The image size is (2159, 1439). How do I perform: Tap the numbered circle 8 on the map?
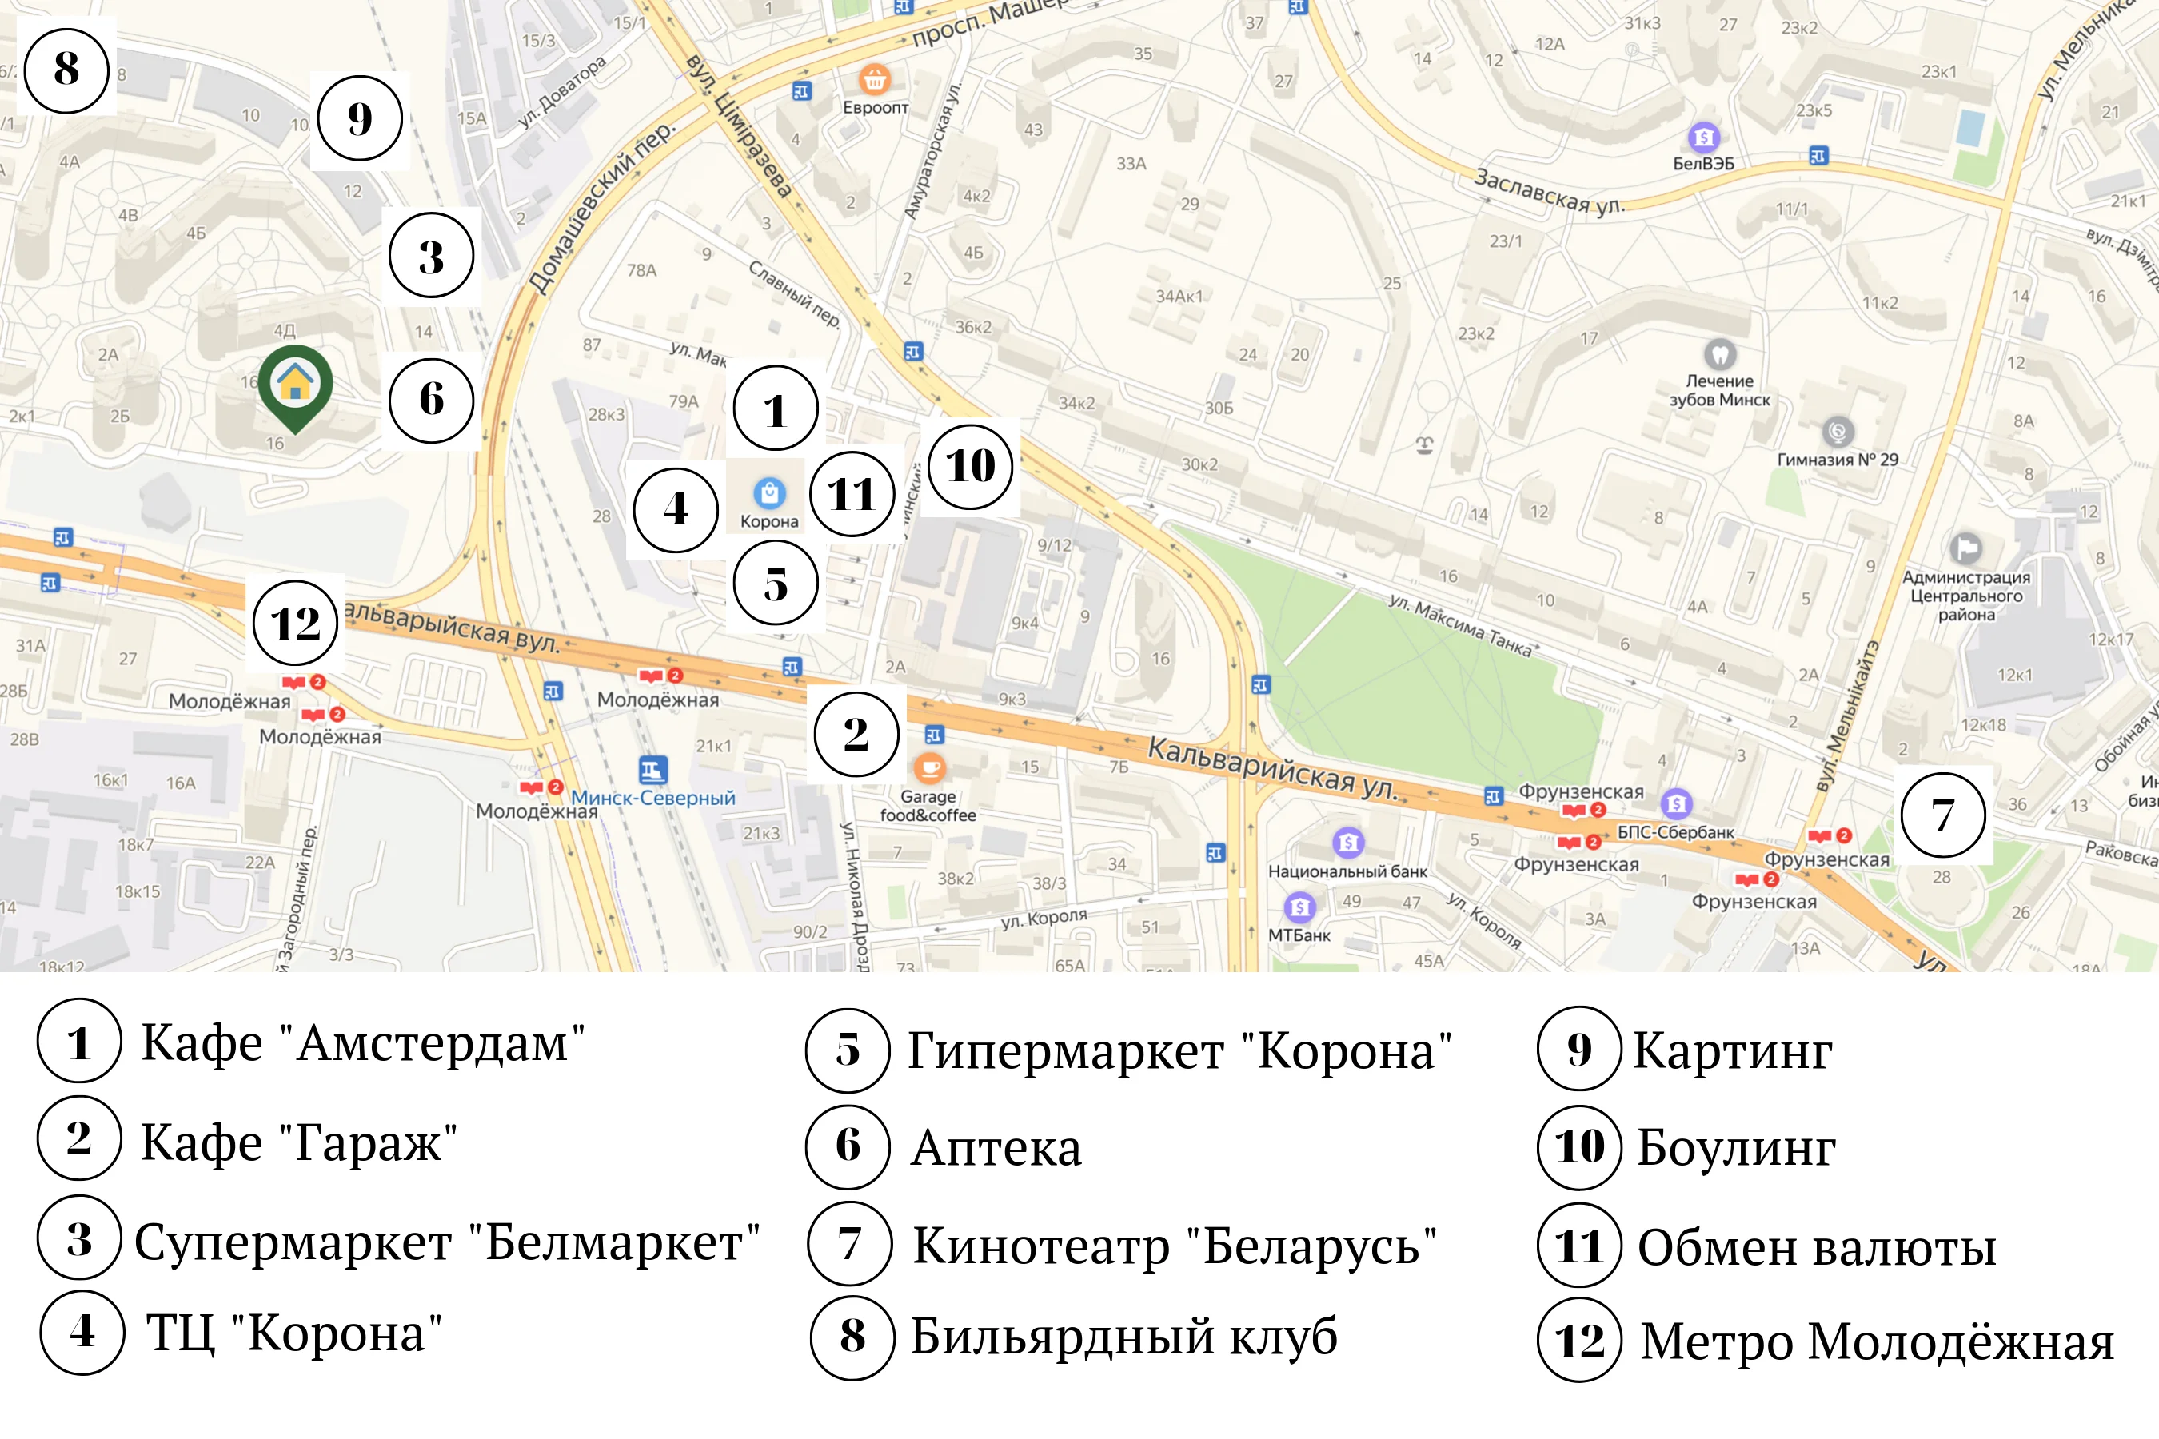(66, 70)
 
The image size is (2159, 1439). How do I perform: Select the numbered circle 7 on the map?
(1942, 815)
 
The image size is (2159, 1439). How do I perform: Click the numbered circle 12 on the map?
(296, 624)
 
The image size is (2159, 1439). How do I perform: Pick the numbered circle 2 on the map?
(856, 734)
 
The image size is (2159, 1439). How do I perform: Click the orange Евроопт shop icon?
(874, 80)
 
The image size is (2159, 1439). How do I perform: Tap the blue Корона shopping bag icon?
(769, 492)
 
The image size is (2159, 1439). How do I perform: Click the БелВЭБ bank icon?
(1704, 138)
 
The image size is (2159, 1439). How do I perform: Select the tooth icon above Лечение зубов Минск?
(1719, 353)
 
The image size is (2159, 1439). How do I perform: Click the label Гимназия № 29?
(1838, 460)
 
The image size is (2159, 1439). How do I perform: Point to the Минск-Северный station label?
(652, 798)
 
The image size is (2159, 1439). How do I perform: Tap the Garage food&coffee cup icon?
(929, 767)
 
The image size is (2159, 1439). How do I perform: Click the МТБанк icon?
(1299, 907)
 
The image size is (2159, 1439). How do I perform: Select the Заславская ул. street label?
(1550, 191)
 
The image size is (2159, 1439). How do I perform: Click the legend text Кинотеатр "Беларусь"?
(1174, 1246)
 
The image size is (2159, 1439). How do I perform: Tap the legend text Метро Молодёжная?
(1876, 1341)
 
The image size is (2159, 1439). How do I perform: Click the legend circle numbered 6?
(848, 1146)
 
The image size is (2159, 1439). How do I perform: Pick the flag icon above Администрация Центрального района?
(1965, 548)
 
